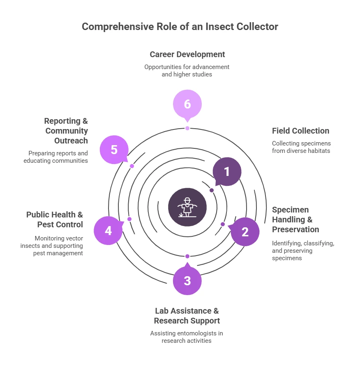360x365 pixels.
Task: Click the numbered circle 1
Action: point(227,171)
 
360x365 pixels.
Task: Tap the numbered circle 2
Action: point(245,232)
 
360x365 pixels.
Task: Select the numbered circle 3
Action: point(187,281)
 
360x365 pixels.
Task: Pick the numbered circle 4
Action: point(108,231)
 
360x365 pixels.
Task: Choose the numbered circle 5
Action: point(114,150)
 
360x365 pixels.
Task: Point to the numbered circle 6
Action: point(187,104)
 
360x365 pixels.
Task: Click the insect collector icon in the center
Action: point(187,207)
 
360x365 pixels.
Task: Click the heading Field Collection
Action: point(300,131)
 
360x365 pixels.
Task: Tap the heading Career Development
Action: point(187,54)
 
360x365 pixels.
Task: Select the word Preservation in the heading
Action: point(295,229)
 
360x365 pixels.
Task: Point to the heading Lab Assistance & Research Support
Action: point(187,316)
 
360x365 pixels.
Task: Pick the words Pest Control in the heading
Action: point(60,224)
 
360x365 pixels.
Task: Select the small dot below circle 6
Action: point(187,128)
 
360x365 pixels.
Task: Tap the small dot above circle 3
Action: point(187,256)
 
